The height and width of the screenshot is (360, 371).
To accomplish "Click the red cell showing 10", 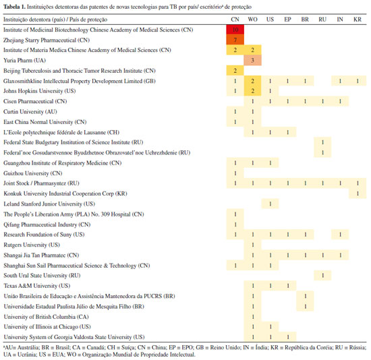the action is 235,30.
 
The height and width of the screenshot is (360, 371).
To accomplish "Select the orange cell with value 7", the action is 235,40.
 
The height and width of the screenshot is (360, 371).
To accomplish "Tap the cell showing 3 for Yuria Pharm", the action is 252,60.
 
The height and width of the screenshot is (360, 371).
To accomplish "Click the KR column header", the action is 358,20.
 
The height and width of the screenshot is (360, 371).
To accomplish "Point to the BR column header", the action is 305,20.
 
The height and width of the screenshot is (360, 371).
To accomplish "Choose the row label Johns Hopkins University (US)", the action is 40,91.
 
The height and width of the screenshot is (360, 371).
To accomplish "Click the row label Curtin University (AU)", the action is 30,112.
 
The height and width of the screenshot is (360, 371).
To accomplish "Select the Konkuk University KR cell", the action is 358,193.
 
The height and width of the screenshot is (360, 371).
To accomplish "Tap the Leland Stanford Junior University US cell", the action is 270,204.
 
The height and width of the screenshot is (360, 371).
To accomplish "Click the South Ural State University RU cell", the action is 322,276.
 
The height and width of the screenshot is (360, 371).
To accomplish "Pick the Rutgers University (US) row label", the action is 32,245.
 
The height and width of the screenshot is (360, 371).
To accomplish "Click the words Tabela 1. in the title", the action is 14,7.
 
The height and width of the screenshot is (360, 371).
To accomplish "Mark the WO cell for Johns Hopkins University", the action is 252,91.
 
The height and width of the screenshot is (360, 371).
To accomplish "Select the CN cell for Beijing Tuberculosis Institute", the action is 235,71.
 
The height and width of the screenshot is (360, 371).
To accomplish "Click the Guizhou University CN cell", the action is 235,173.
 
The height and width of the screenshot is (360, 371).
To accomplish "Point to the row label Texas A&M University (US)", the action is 37,286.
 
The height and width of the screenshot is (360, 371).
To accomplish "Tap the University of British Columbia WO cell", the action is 253,317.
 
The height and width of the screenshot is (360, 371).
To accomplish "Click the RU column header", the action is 322,20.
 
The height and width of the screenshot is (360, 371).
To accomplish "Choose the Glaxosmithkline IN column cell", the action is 340,81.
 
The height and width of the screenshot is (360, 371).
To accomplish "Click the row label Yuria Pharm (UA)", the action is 24,60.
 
